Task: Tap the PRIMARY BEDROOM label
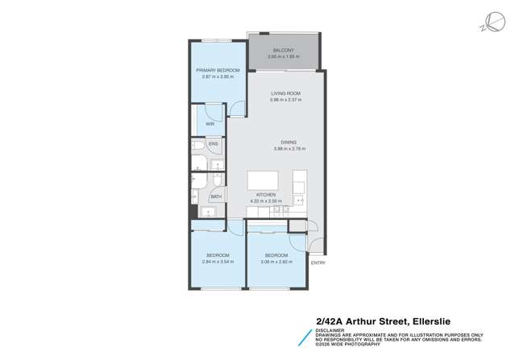217,71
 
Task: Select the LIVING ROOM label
285,93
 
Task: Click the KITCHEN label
266,195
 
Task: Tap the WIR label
210,124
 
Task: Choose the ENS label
214,145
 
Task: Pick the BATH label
216,197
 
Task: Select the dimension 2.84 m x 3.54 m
217,262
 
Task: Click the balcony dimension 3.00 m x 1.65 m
284,57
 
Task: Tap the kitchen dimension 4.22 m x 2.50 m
266,201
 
